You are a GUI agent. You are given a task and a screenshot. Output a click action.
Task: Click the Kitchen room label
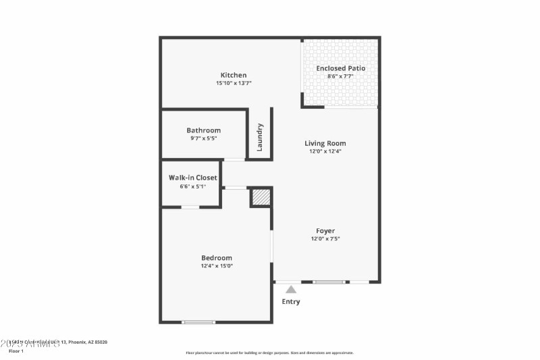coord(234,75)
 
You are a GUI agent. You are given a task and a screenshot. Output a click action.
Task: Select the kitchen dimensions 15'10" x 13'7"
coord(234,83)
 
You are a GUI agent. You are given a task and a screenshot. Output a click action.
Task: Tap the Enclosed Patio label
coord(341,68)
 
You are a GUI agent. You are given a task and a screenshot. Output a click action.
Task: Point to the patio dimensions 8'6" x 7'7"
coord(341,76)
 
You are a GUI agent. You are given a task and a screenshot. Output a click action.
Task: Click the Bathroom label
coord(203,130)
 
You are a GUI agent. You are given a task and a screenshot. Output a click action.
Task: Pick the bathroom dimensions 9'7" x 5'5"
coord(203,138)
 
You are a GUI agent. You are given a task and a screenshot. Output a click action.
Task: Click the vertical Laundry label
coord(260,136)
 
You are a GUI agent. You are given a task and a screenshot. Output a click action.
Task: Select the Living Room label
coord(325,143)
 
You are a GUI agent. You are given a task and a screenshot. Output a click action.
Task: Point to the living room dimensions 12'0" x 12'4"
coord(325,151)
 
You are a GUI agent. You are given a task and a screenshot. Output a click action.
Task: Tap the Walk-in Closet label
coord(192,178)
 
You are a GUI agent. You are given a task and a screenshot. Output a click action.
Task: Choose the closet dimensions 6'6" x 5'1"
coord(192,186)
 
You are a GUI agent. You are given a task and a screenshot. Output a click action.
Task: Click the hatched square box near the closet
coord(261,197)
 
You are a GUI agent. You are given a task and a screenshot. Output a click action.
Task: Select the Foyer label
coord(325,231)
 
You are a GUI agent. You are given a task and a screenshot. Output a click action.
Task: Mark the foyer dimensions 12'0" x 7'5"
coord(325,239)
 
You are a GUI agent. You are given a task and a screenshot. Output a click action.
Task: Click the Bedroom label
coord(217,257)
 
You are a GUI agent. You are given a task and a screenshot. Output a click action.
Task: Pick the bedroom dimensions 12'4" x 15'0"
coord(217,266)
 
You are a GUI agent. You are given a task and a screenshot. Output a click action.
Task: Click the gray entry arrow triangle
coord(291,288)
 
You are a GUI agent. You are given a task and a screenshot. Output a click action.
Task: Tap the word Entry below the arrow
coord(291,301)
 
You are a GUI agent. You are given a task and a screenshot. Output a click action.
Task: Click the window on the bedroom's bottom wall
coord(198,322)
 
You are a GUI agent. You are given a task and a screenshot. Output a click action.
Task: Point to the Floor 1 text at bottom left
coord(16,351)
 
